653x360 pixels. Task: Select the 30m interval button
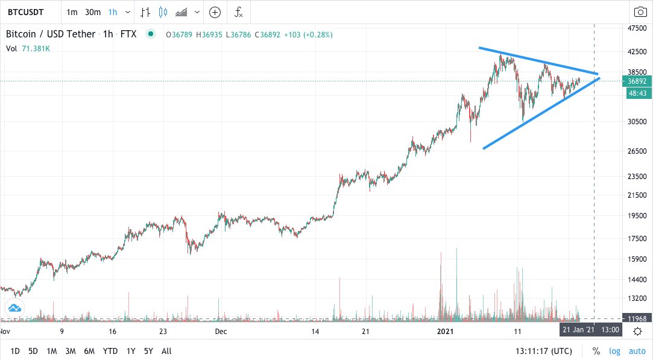(x=92, y=12)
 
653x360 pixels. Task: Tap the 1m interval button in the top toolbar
(x=72, y=12)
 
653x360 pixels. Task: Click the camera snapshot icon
(x=640, y=12)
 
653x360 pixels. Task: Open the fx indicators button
(x=239, y=12)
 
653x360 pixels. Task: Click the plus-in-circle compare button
(x=215, y=12)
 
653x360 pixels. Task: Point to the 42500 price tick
(x=637, y=52)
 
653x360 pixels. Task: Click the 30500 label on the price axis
(x=637, y=121)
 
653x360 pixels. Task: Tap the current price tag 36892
(x=637, y=81)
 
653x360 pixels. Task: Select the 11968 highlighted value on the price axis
(x=637, y=318)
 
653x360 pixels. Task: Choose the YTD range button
(x=110, y=351)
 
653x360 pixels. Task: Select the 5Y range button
(x=149, y=351)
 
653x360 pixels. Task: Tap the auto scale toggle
(x=637, y=351)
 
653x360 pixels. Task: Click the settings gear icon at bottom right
(x=637, y=330)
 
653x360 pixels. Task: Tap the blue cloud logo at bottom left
(x=14, y=308)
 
